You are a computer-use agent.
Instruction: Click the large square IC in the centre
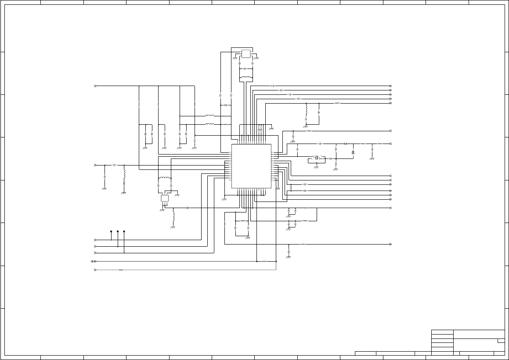[x=251, y=166]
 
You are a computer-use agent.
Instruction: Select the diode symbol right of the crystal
[x=353, y=152]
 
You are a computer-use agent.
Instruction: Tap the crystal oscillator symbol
[x=317, y=158]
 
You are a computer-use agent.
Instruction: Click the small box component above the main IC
[x=245, y=54]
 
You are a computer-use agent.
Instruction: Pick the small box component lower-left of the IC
[x=165, y=198]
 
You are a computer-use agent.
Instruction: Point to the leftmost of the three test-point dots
[x=111, y=231]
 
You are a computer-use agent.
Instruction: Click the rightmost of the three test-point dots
[x=124, y=231]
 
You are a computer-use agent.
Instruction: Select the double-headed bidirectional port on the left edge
[x=94, y=261]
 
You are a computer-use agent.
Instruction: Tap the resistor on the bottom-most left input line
[x=121, y=270]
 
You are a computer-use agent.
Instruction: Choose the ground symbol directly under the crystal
[x=316, y=167]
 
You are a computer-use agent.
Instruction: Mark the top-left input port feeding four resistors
[x=95, y=86]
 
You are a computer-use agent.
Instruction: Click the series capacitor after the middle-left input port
[x=115, y=165]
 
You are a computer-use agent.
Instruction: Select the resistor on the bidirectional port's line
[x=264, y=261]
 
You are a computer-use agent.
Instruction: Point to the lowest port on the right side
[x=390, y=244]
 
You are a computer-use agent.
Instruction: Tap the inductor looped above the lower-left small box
[x=164, y=178]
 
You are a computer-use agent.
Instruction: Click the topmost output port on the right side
[x=390, y=86]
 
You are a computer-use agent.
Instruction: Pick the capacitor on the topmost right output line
[x=273, y=86]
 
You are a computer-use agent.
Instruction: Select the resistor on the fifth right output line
[x=337, y=103]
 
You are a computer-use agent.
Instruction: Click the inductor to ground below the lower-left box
[x=173, y=217]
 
